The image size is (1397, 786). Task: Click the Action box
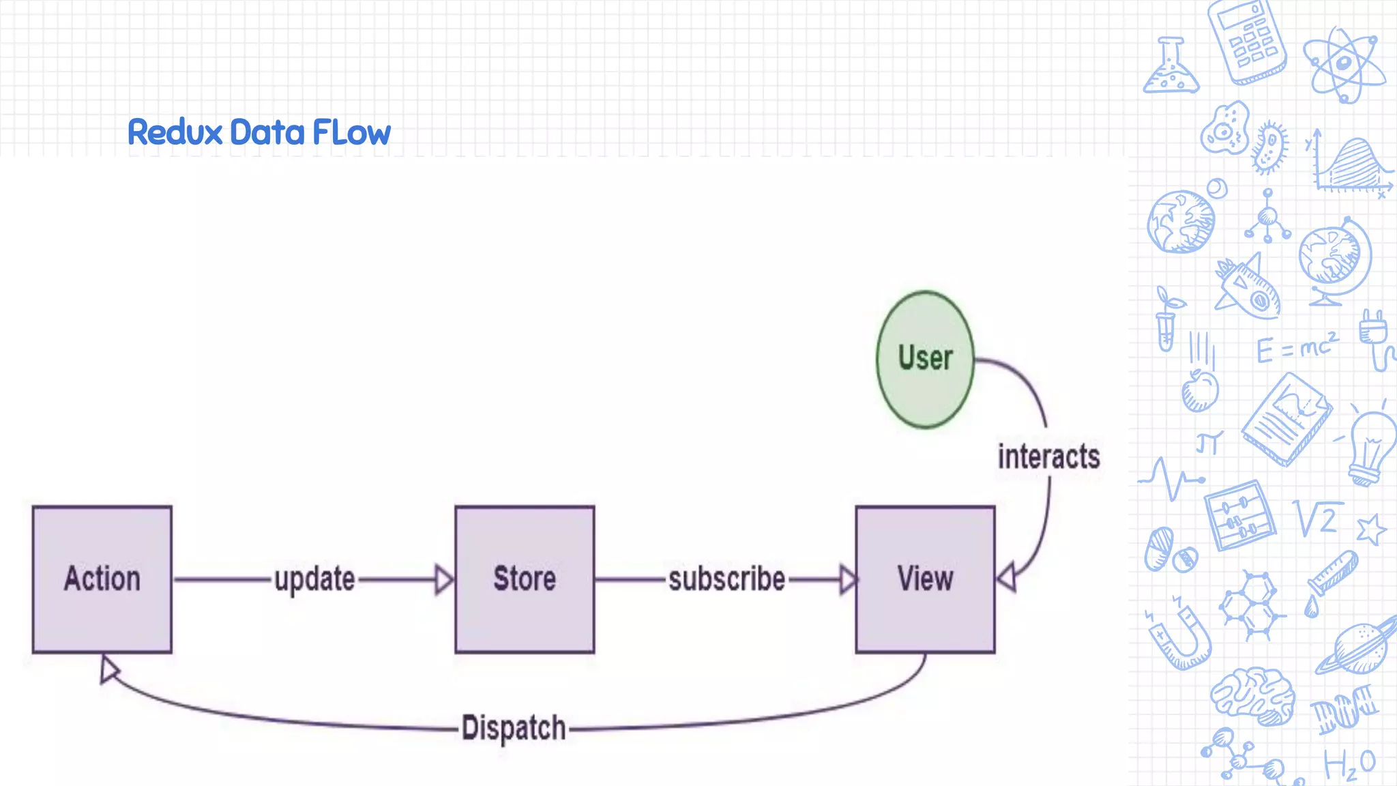pos(102,579)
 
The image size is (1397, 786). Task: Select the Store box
pos(525,579)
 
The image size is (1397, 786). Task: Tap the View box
pos(925,579)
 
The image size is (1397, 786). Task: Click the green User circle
pos(925,360)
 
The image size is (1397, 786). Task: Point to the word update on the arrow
pos(314,580)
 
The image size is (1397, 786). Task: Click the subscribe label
pos(726,579)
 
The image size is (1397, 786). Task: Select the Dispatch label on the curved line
pos(514,728)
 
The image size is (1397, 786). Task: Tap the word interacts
pos(1048,456)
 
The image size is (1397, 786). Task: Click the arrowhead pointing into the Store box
pos(444,580)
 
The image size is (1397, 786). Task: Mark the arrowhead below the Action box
pos(108,669)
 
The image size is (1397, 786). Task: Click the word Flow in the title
pos(351,132)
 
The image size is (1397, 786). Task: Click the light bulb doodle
pos(1372,447)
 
